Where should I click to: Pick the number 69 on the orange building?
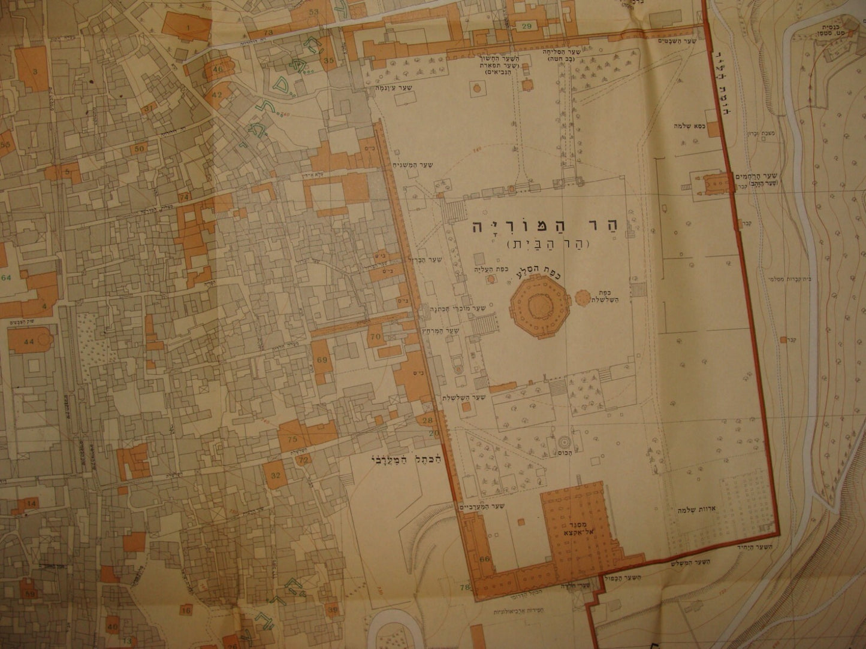(322, 360)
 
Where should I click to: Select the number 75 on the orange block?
(292, 440)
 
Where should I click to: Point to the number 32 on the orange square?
(276, 476)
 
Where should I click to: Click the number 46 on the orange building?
(217, 69)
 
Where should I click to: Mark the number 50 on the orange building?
(139, 148)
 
